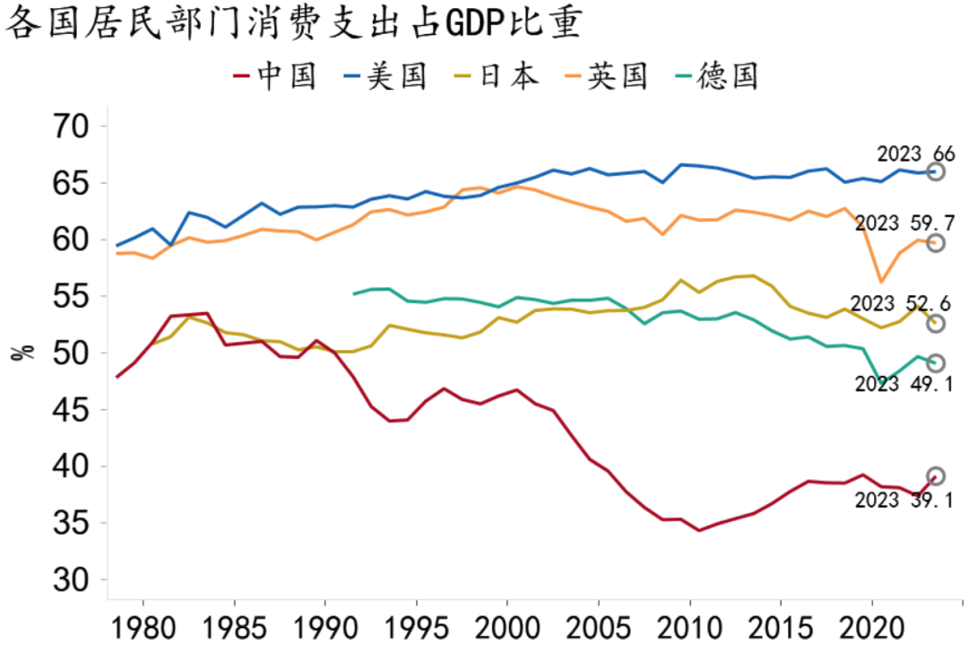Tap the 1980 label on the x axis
click(x=142, y=624)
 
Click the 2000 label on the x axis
click(x=507, y=624)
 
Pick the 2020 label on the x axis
click(x=872, y=624)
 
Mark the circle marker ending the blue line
click(x=935, y=171)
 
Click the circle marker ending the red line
click(x=935, y=476)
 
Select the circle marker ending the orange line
click(x=935, y=243)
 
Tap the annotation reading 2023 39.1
click(x=902, y=501)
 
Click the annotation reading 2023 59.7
click(x=902, y=222)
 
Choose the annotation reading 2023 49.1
click(x=902, y=384)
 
